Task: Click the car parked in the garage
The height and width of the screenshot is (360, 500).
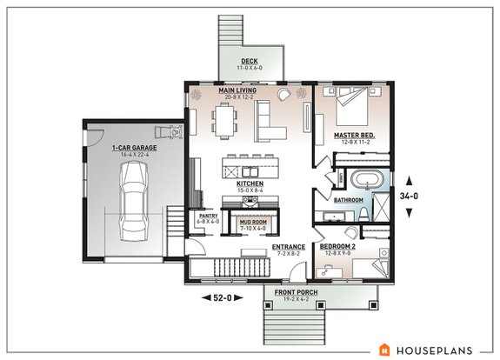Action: [132, 203]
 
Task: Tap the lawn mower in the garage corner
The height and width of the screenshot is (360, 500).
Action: [172, 132]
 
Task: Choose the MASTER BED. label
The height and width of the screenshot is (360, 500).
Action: [354, 136]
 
